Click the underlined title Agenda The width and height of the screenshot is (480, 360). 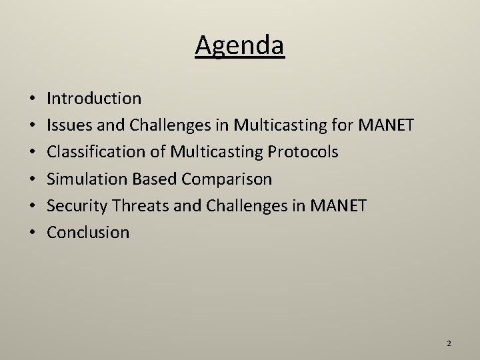(x=240, y=46)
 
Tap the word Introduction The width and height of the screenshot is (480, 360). (x=94, y=99)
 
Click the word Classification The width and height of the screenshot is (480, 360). (x=92, y=152)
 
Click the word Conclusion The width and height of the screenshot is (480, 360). (x=88, y=232)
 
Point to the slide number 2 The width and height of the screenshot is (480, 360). (x=449, y=343)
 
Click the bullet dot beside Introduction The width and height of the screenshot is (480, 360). (x=33, y=99)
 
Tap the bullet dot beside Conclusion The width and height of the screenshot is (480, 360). (x=33, y=233)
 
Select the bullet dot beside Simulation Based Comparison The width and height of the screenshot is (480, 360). (x=33, y=179)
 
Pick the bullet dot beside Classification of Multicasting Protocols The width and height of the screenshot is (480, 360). (x=33, y=153)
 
